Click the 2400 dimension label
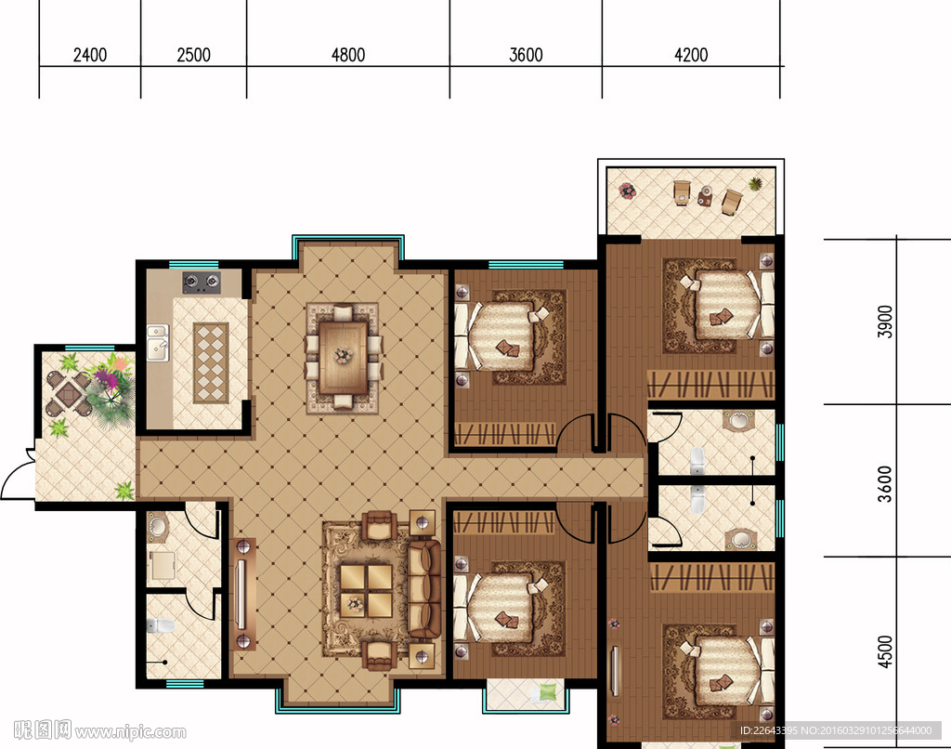coord(90,55)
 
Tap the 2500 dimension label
coord(193,55)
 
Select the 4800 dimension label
coord(348,55)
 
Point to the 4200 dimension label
coord(691,55)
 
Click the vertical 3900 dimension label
coord(885,322)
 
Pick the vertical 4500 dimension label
coord(885,651)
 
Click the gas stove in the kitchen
coord(202,283)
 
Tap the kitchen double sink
coord(158,343)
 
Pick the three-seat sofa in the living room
coord(423,589)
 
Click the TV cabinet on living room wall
coord(242,594)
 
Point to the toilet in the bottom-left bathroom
coord(160,625)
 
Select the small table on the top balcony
coord(705,197)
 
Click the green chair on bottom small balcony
coord(545,692)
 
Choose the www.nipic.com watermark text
coord(130,732)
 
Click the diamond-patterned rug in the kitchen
coord(211,363)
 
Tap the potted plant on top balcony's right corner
coord(756,183)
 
